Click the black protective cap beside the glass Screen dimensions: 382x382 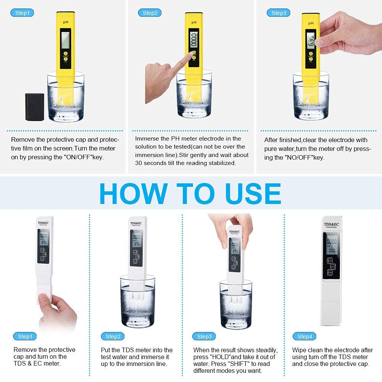35,107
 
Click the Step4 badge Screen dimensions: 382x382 304,337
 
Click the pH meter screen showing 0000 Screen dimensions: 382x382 194,39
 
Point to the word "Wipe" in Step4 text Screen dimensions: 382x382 300,350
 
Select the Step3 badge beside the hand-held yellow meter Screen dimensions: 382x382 278,13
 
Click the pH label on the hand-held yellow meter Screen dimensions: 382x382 311,23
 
